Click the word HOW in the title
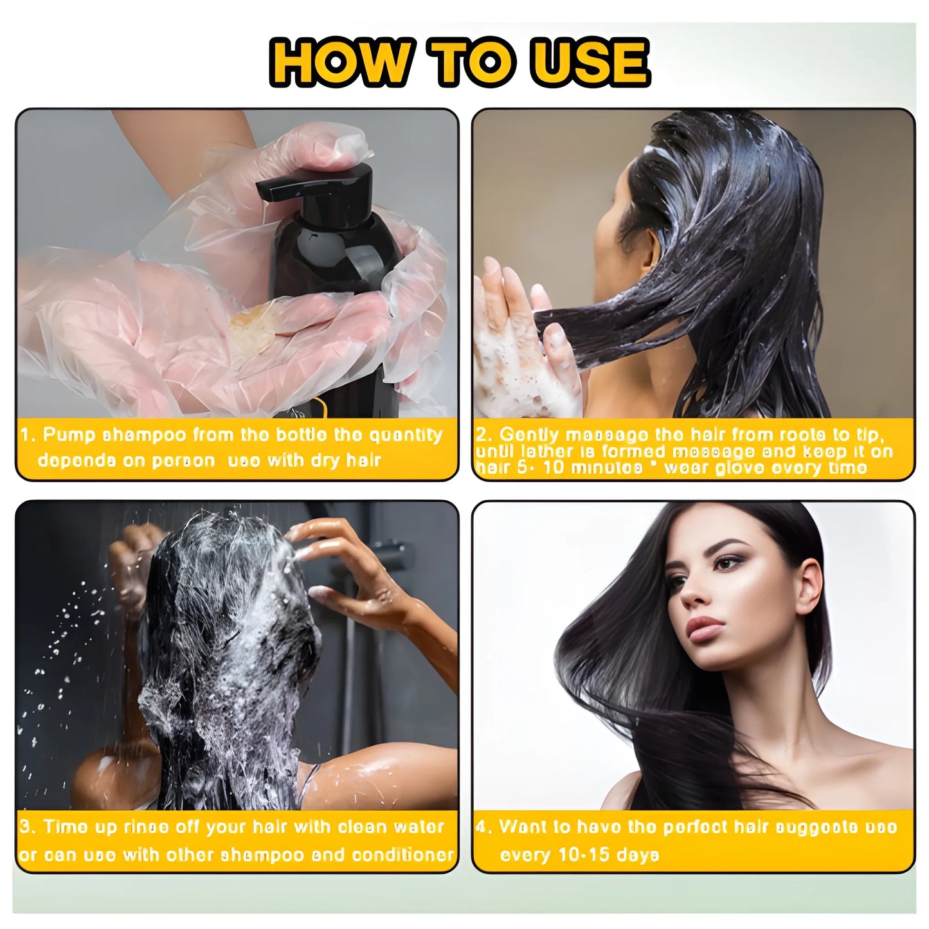[x=338, y=62]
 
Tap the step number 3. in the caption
[x=28, y=827]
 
